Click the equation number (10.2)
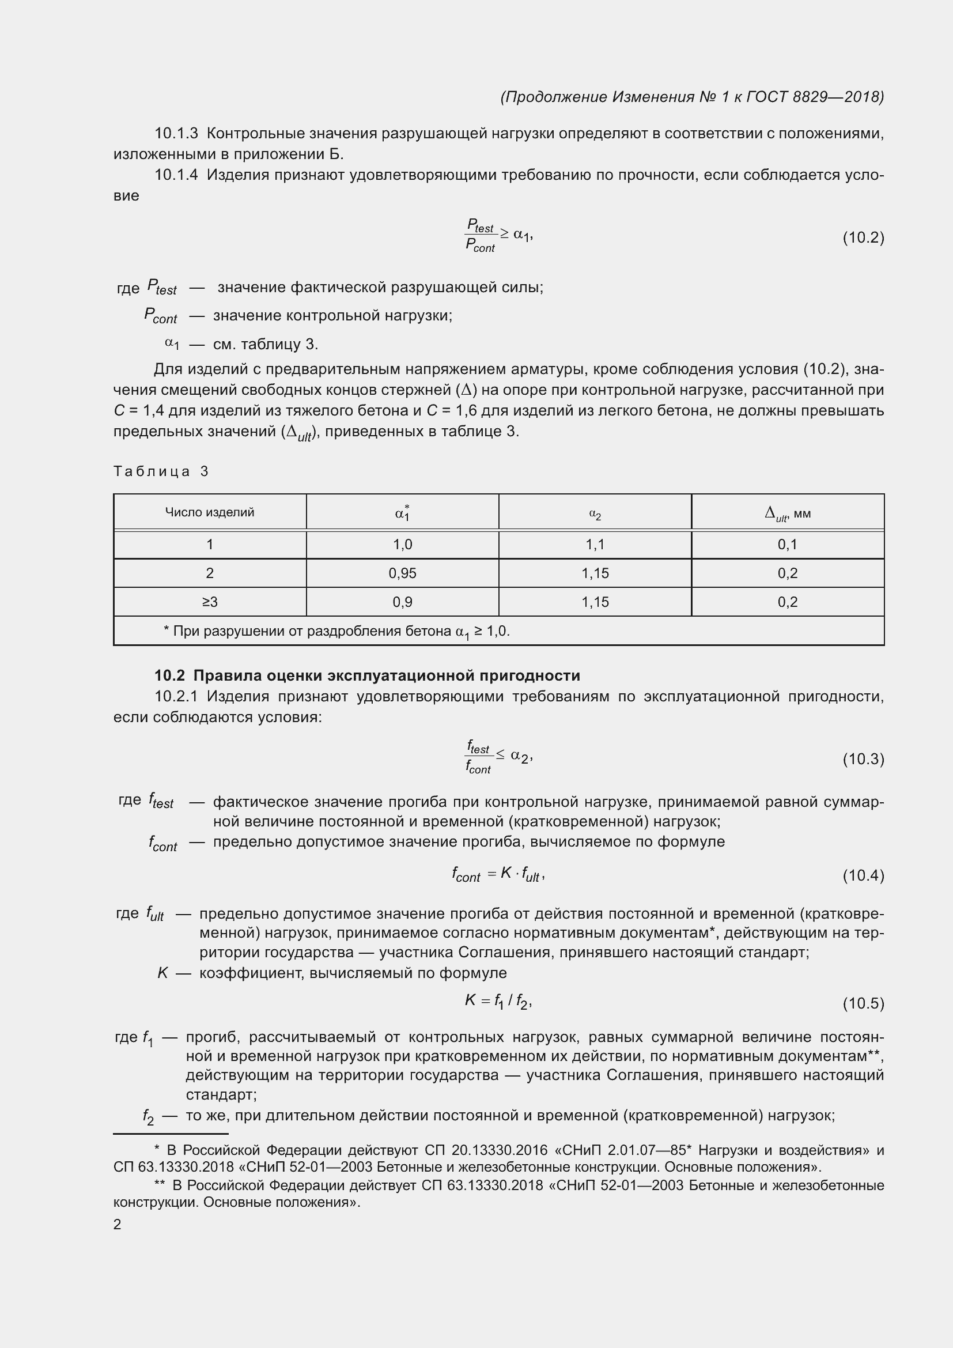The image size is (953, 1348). point(863,238)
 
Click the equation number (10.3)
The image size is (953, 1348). point(863,759)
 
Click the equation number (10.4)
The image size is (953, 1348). point(863,875)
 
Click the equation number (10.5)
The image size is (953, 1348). point(863,1003)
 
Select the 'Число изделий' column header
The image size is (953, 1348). point(210,512)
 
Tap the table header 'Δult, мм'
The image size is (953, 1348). point(788,513)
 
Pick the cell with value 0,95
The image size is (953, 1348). point(403,573)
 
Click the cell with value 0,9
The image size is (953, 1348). point(403,602)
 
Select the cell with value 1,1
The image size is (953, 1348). point(595,544)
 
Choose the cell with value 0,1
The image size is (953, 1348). point(788,544)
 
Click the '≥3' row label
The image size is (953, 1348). point(210,602)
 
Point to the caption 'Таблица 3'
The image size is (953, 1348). point(161,471)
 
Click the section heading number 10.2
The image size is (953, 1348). point(169,676)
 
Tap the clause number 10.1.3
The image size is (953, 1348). point(177,133)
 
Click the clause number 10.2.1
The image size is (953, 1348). point(177,696)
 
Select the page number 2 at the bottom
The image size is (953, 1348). point(118,1224)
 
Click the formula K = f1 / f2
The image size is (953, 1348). point(498,1002)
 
